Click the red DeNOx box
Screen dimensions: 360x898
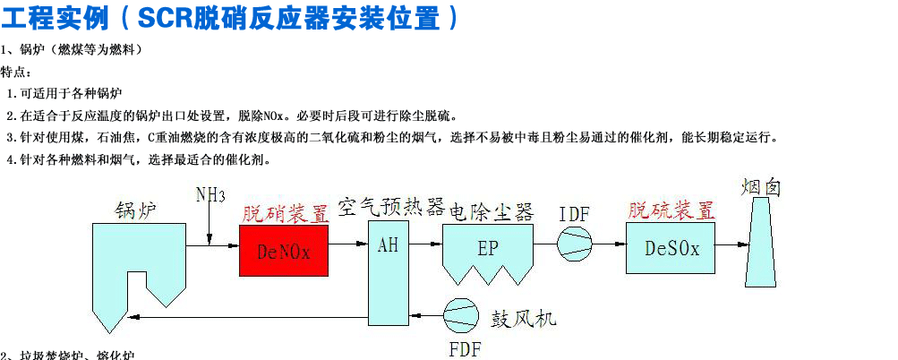coord(283,250)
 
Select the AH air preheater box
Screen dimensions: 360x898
coord(388,270)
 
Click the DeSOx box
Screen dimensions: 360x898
coord(671,249)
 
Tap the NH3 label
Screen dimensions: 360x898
coord(210,195)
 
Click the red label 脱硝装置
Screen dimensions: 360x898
coord(285,212)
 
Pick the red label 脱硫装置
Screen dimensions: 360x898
coord(671,210)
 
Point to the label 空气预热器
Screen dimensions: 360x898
coord(391,208)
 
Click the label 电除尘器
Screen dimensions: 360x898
coord(491,211)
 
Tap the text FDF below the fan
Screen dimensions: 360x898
coord(464,347)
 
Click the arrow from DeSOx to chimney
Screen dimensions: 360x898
coord(731,244)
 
